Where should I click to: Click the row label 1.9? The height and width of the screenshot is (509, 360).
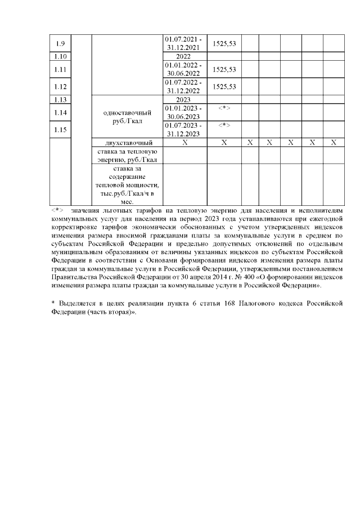click(x=61, y=43)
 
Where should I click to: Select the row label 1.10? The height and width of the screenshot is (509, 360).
click(x=61, y=56)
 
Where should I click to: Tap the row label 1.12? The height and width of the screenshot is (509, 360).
click(x=61, y=87)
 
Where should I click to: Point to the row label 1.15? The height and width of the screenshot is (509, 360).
click(x=61, y=129)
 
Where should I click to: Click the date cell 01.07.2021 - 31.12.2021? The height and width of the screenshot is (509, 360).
click(x=183, y=43)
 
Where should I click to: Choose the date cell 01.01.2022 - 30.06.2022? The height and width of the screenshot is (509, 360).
click(x=183, y=69)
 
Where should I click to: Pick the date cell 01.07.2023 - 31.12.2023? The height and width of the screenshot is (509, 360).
click(x=183, y=129)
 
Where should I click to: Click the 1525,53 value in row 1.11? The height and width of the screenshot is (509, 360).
click(x=224, y=69)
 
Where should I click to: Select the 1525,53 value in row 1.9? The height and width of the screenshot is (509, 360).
click(x=224, y=43)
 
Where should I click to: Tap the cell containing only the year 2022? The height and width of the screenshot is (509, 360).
click(x=183, y=56)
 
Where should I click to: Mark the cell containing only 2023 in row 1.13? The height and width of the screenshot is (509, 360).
click(x=183, y=100)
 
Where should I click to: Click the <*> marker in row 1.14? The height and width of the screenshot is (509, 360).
click(x=224, y=107)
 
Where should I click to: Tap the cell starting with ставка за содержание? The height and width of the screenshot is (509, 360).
click(x=126, y=184)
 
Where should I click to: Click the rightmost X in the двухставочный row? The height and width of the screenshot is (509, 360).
click(x=333, y=142)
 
